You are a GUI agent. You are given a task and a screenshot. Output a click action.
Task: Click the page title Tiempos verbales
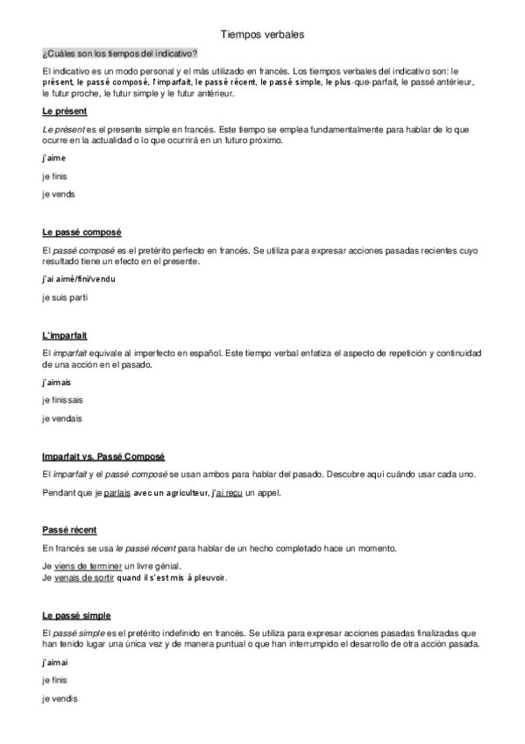(x=262, y=34)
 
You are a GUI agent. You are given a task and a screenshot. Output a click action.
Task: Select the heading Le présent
(x=64, y=112)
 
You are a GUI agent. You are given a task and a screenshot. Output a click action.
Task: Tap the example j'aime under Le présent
(x=53, y=158)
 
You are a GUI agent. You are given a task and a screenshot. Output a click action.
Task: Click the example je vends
(x=58, y=194)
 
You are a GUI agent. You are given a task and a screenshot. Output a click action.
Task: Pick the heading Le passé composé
(x=82, y=232)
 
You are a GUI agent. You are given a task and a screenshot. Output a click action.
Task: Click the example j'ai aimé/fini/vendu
(x=78, y=279)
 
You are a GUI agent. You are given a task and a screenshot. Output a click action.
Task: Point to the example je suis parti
(x=65, y=297)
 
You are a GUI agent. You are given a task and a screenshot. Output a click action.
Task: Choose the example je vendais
(x=61, y=418)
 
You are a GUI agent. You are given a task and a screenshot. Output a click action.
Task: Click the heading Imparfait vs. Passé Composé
(x=103, y=457)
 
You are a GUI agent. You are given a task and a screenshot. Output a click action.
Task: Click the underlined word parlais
(x=117, y=493)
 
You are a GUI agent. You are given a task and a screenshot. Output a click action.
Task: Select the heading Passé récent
(x=69, y=531)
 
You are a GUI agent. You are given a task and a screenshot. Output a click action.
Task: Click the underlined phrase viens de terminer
(x=89, y=568)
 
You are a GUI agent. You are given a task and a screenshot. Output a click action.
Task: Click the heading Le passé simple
(x=76, y=616)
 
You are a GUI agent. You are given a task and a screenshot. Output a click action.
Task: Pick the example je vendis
(x=60, y=698)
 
